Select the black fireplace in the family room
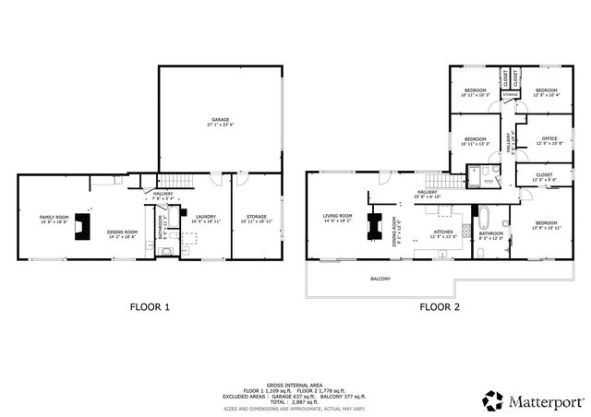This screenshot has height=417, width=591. tap(83, 227)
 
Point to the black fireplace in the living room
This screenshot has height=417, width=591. tap(376, 227)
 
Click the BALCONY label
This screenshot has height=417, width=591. tap(380, 279)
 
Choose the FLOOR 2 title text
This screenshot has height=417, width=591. tap(440, 306)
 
